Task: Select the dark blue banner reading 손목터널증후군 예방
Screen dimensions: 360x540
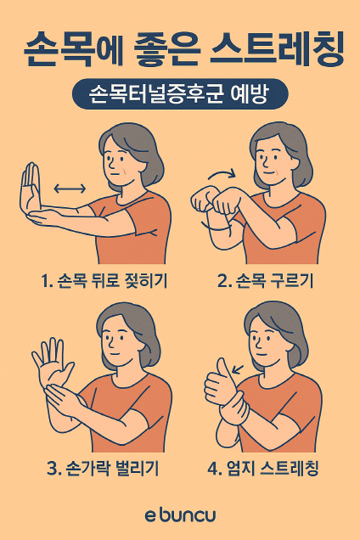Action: click(x=180, y=94)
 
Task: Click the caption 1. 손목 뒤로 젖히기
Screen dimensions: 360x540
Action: click(x=104, y=281)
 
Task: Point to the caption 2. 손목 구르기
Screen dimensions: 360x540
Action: click(x=266, y=281)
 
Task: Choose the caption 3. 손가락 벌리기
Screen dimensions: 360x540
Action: click(x=103, y=468)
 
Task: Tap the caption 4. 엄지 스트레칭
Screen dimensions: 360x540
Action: click(x=263, y=468)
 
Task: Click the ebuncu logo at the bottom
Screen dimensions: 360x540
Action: click(x=180, y=515)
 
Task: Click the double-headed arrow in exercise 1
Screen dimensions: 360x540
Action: click(x=70, y=188)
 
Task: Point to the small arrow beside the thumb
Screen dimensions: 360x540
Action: click(x=238, y=369)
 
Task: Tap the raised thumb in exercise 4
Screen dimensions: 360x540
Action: click(x=225, y=370)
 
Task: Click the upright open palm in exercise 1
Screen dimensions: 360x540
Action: click(x=31, y=189)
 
